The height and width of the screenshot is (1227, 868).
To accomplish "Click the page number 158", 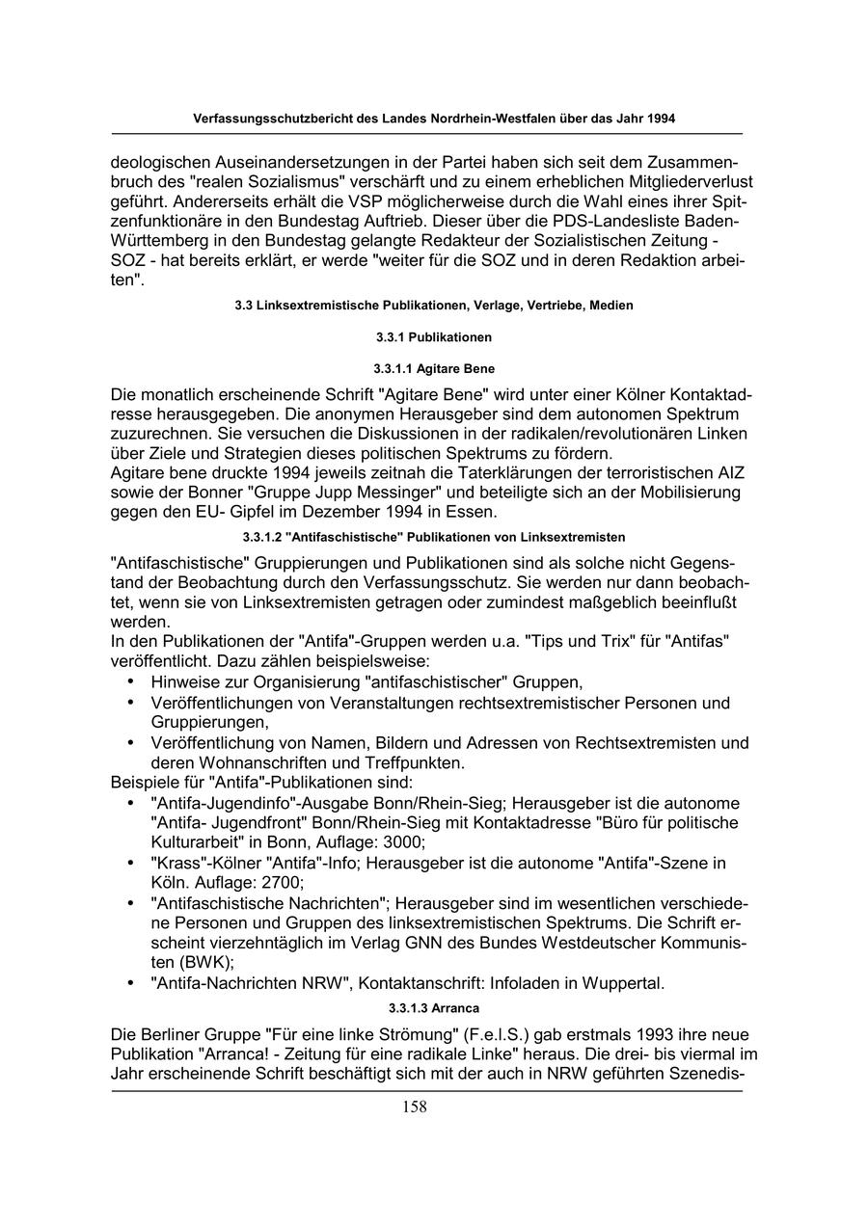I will click(415, 1107).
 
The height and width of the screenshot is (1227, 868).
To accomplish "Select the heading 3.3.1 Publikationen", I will click(434, 337).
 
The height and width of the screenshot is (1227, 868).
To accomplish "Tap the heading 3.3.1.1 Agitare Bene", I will click(434, 369).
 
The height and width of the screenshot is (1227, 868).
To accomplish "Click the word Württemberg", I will click(158, 241).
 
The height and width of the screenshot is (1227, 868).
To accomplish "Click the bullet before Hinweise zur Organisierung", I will click(130, 681).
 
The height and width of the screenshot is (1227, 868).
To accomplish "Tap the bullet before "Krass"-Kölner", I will click(130, 863).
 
